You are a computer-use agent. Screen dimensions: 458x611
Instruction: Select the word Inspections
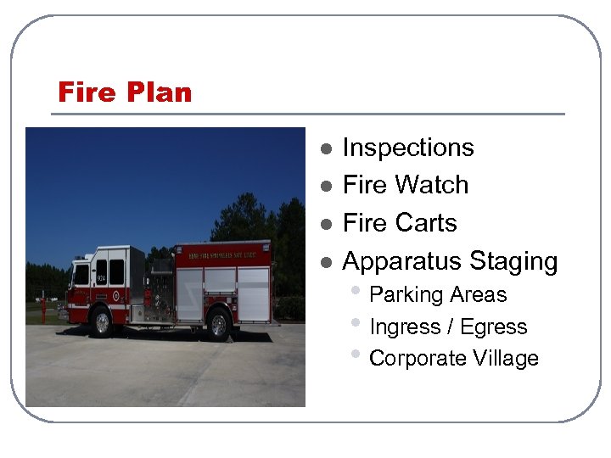pos(407,148)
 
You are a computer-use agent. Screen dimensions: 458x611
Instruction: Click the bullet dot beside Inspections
pos(325,148)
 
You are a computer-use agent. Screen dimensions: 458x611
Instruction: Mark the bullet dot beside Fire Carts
pos(325,224)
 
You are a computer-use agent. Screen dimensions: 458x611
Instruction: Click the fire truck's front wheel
pos(103,322)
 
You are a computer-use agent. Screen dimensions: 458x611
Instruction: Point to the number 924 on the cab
pos(101,277)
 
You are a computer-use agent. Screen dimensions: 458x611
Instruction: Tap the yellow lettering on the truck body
pos(221,253)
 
